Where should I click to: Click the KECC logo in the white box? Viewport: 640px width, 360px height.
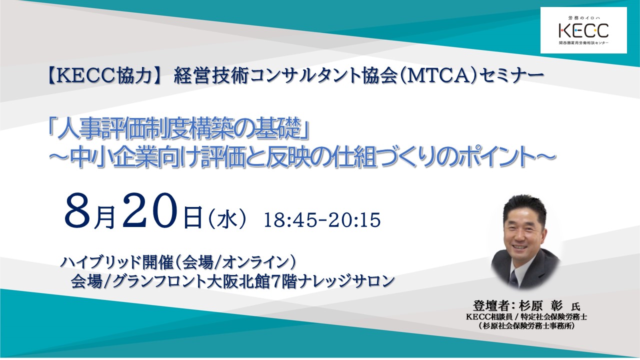(x=583, y=30)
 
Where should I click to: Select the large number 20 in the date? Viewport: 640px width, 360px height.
(x=149, y=211)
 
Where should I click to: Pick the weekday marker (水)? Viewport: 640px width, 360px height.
(x=227, y=220)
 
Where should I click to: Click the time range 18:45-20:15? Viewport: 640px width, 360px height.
(x=322, y=220)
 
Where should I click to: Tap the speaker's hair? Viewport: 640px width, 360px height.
(x=525, y=208)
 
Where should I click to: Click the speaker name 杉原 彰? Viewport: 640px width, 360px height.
(x=540, y=306)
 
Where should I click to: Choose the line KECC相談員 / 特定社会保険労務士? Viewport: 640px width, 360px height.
(x=526, y=317)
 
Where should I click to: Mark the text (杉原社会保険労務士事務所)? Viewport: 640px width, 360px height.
(x=526, y=325)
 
